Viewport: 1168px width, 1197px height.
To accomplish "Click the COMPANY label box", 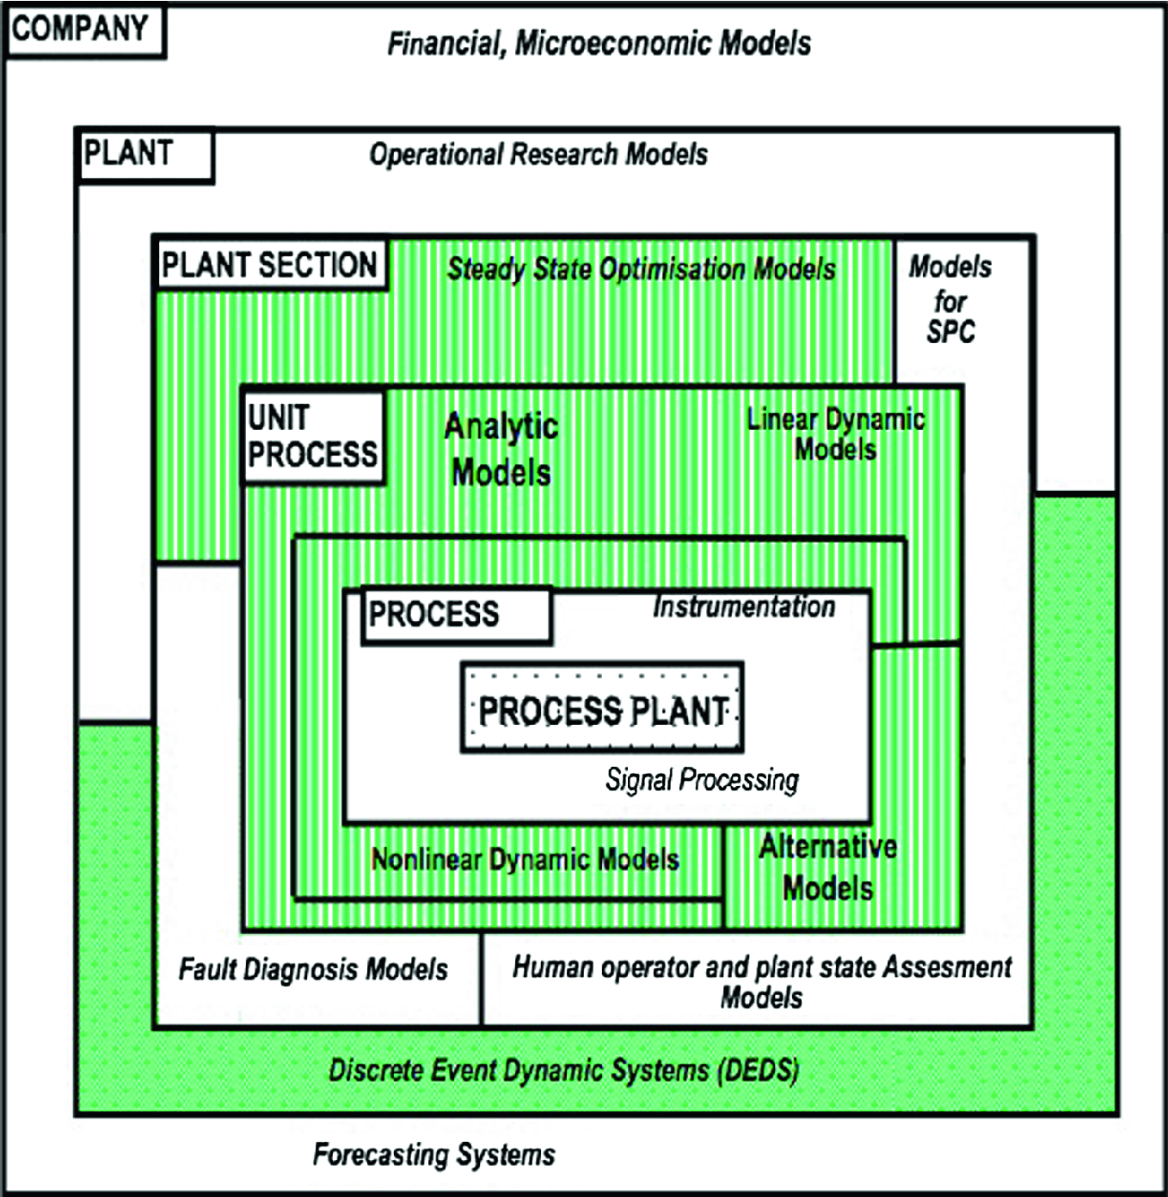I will [x=83, y=31].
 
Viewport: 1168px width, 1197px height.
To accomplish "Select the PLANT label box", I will [x=144, y=155].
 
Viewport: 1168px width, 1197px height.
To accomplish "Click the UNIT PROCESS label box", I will [x=313, y=437].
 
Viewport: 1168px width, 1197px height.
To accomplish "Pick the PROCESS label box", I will [x=456, y=615].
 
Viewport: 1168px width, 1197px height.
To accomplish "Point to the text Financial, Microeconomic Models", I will [x=599, y=43].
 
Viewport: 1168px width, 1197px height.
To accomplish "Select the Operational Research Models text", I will [x=538, y=155].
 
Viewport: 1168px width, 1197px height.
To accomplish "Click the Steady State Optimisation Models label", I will [x=641, y=269].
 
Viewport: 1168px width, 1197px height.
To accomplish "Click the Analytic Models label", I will [x=501, y=449].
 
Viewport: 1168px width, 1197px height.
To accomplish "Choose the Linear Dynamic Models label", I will [x=835, y=434].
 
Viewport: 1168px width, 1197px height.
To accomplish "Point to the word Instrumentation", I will [x=744, y=607].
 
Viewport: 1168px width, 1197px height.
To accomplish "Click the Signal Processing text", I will [x=702, y=779].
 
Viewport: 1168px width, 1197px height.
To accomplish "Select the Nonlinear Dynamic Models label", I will [x=525, y=859].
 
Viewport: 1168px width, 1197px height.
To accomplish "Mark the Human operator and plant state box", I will [x=761, y=981].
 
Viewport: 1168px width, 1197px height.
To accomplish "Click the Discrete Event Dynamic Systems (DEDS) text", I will [x=564, y=1071].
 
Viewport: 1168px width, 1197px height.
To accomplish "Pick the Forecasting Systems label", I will [x=433, y=1154].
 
